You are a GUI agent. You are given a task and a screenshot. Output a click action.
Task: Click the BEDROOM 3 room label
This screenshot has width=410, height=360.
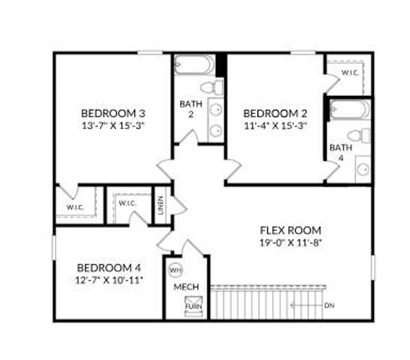coord(112,113)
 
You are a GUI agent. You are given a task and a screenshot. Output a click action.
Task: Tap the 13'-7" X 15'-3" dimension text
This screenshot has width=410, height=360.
coord(112,125)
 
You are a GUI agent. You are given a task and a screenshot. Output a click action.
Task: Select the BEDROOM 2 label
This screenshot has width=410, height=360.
coord(275,113)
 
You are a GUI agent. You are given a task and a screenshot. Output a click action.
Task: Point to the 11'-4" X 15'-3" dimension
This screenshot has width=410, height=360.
coord(275,125)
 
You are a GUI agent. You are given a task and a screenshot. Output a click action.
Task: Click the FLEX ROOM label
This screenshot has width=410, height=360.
coord(290,230)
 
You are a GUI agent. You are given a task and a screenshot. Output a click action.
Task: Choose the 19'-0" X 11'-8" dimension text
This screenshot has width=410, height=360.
coord(290,242)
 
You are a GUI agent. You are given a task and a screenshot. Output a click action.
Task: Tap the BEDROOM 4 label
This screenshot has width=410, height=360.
coord(109,268)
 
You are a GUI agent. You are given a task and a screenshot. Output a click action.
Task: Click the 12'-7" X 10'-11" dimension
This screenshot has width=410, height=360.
coord(109,280)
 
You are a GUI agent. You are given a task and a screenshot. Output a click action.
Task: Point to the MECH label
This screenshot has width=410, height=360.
coord(186,287)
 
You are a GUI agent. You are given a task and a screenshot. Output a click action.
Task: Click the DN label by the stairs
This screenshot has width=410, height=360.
coord(330,305)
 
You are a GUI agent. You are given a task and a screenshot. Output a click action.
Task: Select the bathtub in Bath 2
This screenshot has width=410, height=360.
coord(194,66)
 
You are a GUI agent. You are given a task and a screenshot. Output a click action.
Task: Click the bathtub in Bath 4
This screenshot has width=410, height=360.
coord(350,110)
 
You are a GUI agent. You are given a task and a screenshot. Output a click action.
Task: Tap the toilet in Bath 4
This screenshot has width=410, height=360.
coord(362,136)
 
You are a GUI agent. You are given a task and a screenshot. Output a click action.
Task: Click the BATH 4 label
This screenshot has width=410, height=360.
coord(337,152)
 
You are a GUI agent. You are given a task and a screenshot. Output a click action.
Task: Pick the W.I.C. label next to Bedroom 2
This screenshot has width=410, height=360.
coord(349,73)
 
